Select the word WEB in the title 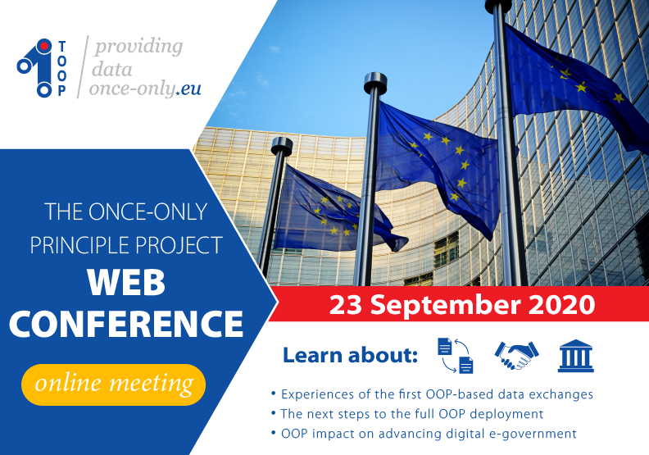127,283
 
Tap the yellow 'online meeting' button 113,384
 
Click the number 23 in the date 345,305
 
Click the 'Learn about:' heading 350,356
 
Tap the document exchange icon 455,355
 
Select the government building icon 576,355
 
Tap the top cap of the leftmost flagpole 281,145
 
